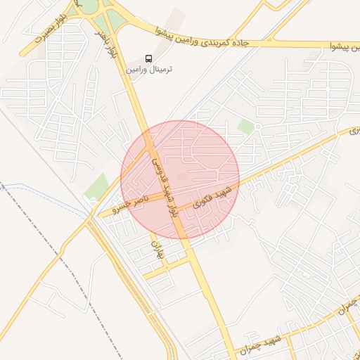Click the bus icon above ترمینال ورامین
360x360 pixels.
click(148, 58)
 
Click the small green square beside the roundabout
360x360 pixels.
click(245, 127)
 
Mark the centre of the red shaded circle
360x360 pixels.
click(180, 179)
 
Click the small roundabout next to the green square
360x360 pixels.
click(258, 127)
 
